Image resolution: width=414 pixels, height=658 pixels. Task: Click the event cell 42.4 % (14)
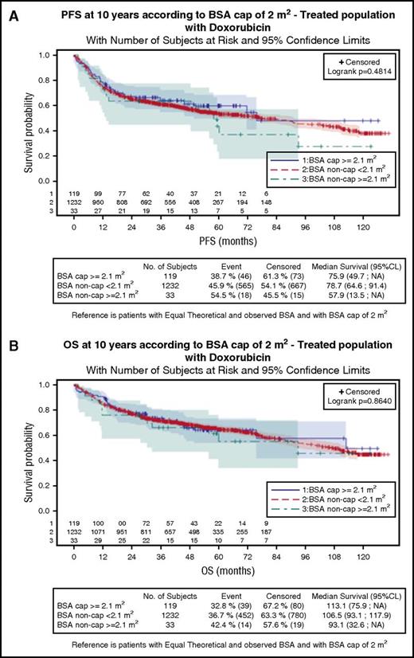click(x=232, y=625)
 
